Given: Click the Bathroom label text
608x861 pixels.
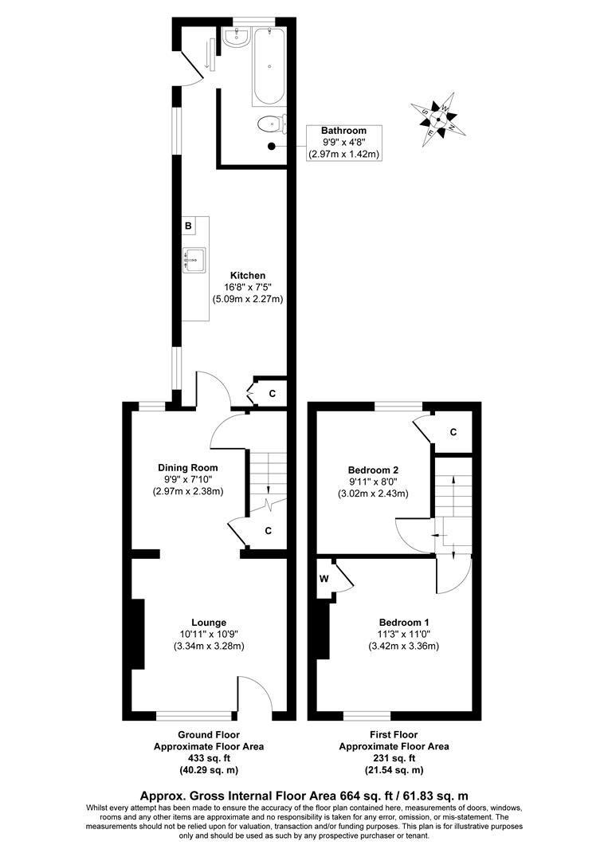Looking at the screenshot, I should point(343,131).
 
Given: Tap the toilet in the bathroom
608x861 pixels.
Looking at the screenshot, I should point(271,123).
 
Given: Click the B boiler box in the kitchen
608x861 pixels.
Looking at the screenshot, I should point(188,226).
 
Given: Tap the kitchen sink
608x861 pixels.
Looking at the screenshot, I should point(194,258).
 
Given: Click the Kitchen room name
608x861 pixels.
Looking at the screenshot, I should point(248,276).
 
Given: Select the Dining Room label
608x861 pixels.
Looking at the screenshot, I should point(187,468).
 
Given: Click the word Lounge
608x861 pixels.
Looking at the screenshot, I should point(209,623).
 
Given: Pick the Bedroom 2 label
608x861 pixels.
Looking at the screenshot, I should point(373,470).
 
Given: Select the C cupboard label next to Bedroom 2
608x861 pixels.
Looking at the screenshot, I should point(453,432).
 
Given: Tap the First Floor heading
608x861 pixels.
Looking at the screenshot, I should point(394,735).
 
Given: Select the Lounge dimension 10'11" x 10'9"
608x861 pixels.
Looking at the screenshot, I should point(209,635).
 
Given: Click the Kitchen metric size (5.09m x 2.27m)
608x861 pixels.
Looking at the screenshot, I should point(248,300).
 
